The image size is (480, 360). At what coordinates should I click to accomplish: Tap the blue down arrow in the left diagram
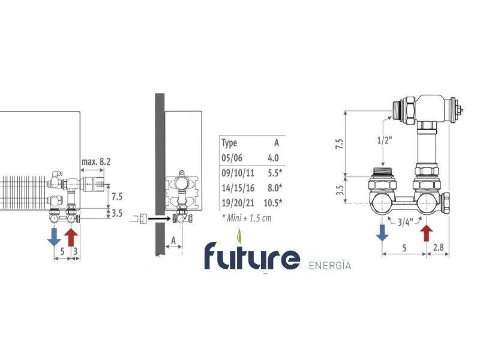(53, 236)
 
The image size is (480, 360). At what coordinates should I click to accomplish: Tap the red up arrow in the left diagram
(71, 236)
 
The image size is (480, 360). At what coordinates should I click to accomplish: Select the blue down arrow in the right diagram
(382, 232)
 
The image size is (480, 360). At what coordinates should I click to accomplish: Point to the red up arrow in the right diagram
(427, 232)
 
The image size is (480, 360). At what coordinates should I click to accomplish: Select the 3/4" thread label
(404, 222)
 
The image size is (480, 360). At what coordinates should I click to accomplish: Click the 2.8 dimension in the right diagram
(438, 246)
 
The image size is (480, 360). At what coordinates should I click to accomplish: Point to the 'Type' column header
(230, 143)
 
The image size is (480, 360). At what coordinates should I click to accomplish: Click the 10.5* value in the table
(273, 202)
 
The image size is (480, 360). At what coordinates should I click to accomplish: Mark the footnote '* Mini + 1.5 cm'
(246, 217)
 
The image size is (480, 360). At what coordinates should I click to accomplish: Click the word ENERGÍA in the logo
(329, 265)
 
